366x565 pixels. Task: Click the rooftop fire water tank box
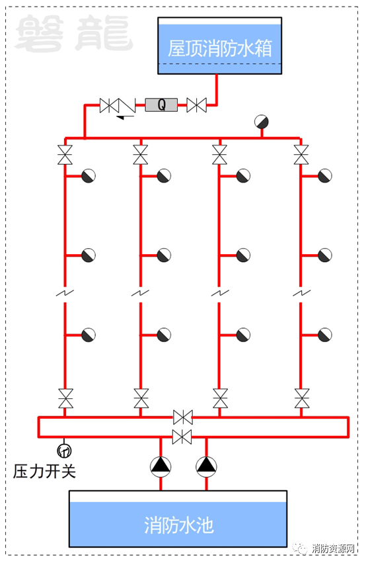point(219,46)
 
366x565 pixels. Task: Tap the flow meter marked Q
point(161,105)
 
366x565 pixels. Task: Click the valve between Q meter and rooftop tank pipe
point(196,105)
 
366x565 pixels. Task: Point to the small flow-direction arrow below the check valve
point(125,116)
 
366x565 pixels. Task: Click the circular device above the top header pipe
point(261,122)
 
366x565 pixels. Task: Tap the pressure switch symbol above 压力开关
point(65,451)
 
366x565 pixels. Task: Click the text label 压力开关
point(44,471)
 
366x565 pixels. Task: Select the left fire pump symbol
point(161,466)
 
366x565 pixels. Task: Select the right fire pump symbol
point(206,466)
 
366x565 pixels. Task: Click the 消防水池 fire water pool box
point(178,519)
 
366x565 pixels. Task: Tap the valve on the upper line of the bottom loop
point(183,417)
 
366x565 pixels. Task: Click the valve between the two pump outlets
point(182,437)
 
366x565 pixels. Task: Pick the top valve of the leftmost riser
point(65,155)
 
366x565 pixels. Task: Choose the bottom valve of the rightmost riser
point(301,398)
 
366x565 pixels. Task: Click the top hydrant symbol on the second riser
point(164,176)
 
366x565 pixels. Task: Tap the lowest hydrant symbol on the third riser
point(243,335)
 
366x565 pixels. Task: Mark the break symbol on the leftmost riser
point(65,293)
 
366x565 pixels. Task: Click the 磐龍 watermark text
point(74,33)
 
